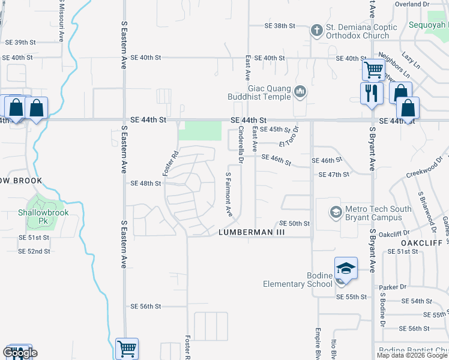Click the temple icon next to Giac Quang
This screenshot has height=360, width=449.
[301, 92]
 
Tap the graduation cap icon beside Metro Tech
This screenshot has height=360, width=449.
[336, 212]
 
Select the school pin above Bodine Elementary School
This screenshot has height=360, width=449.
[346, 268]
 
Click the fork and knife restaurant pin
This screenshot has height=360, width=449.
[372, 94]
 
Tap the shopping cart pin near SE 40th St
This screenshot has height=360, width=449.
[373, 70]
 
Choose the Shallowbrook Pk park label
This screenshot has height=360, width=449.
[43, 216]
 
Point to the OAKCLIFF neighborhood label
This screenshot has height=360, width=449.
[422, 242]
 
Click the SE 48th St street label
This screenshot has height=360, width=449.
[146, 183]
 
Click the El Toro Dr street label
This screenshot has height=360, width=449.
[289, 140]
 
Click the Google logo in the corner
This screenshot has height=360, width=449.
[20, 353]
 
